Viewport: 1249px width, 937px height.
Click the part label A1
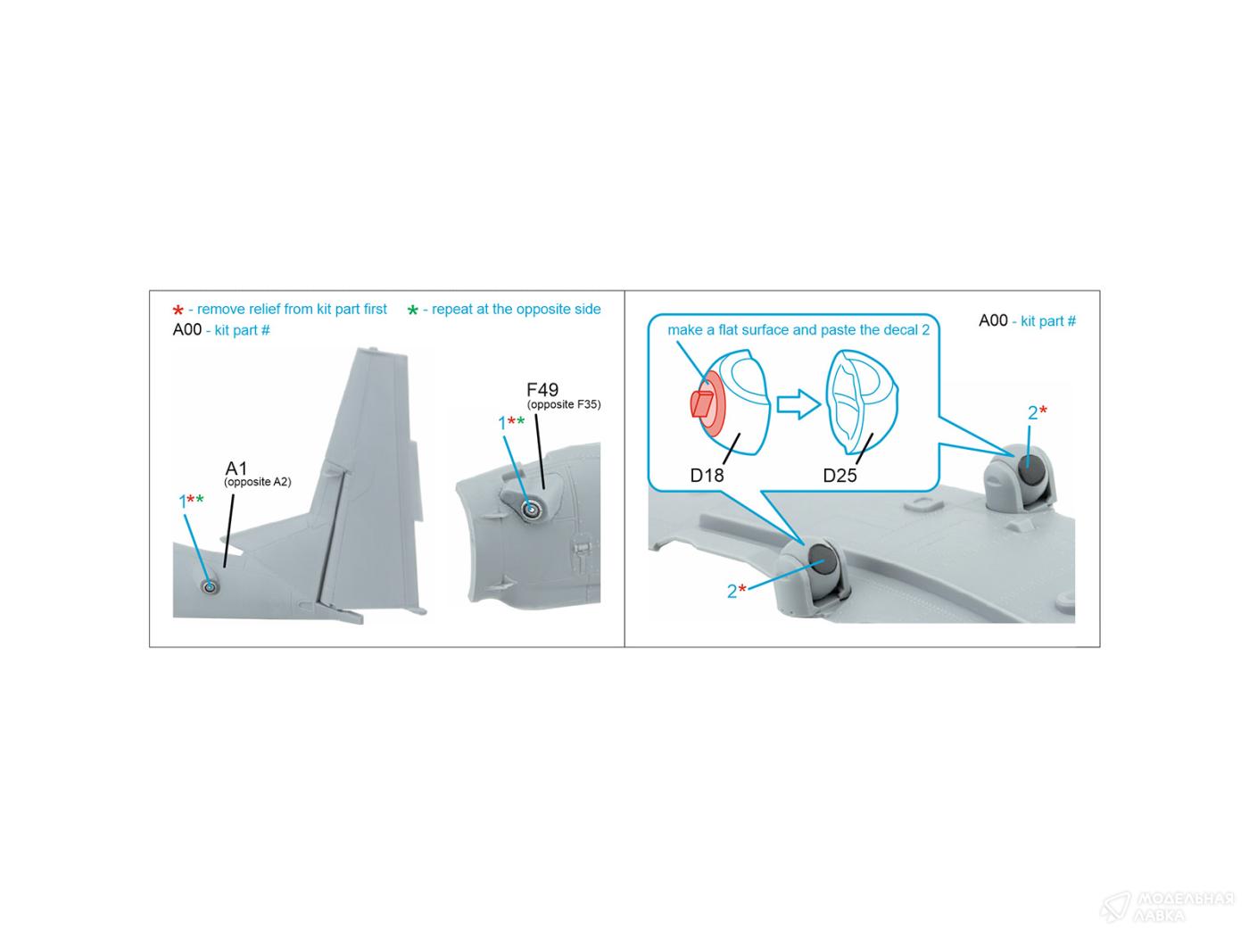coord(236,468)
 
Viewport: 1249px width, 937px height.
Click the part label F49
coord(542,390)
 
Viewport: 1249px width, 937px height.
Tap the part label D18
coord(707,475)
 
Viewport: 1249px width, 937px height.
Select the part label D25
coord(840,475)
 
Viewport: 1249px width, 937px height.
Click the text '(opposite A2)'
coord(258,482)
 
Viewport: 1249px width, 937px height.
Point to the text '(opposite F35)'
coord(564,404)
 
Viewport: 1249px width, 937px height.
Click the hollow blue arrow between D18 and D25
coord(798,404)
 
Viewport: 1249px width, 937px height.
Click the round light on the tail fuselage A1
coord(210,586)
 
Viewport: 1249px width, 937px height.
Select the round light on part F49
coord(530,510)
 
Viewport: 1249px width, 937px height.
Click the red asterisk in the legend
coord(178,310)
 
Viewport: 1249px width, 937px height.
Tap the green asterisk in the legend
coord(412,310)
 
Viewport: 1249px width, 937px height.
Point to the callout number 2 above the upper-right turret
coord(1032,413)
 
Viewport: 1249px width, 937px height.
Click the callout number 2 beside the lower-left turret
coord(732,591)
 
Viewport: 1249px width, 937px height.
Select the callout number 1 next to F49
coord(502,423)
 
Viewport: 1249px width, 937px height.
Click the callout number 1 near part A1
coord(183,502)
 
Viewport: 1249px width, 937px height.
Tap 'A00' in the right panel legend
coord(993,321)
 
